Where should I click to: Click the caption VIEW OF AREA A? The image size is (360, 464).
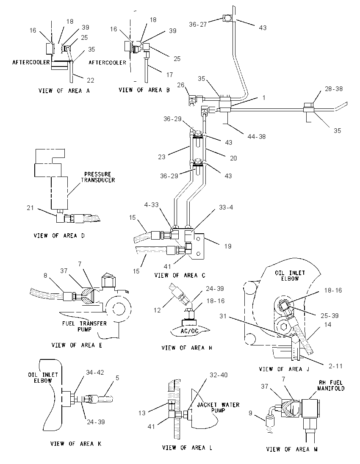coord(64,91)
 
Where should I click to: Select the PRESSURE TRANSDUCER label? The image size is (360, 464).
coord(98,177)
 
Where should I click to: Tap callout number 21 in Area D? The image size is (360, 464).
coord(30,208)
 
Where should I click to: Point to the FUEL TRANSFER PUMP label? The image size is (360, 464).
coord(84,326)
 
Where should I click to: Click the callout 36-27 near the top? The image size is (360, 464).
coord(198,24)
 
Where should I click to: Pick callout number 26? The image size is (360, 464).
coord(180,85)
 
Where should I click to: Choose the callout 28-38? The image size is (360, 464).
coord(334,89)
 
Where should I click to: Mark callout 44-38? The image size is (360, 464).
coord(256,136)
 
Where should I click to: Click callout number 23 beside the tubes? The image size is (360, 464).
coord(161,157)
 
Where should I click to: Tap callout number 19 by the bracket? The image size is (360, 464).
coord(228,246)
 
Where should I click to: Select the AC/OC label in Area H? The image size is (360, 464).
coord(189,331)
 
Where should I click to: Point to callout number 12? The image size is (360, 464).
coord(157,310)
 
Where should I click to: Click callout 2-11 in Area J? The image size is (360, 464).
coord(335,366)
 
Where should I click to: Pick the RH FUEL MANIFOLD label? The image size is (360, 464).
coord(331,385)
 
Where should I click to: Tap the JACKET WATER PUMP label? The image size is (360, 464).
coord(218,407)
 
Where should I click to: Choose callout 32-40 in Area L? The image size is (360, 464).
coord(219,375)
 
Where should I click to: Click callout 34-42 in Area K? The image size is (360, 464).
coord(95,372)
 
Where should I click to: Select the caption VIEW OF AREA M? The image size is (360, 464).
coord(292,449)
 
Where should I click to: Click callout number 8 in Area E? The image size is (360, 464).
coord(45,276)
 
